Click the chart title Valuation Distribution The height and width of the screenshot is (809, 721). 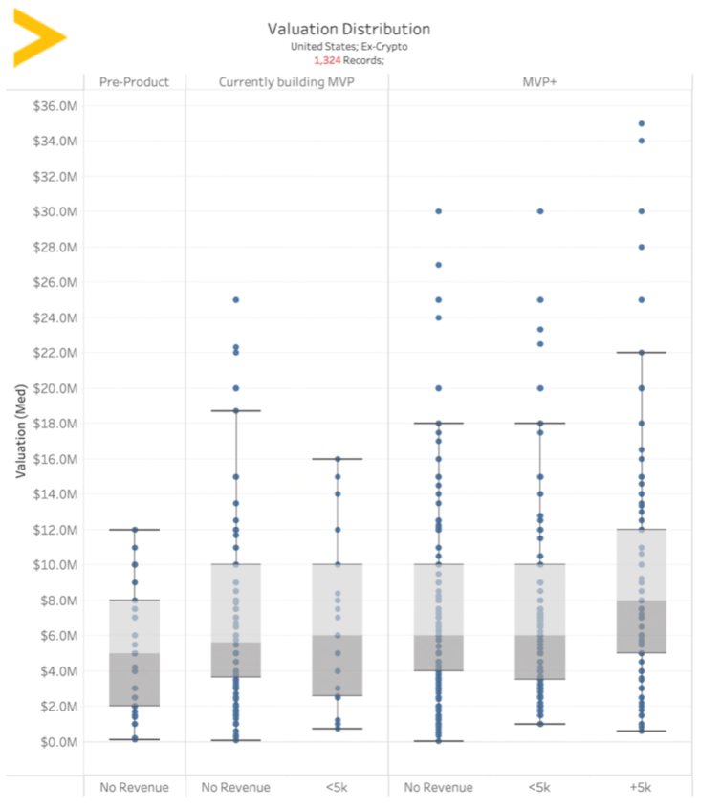tap(348, 30)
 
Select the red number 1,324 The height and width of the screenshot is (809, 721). tap(327, 60)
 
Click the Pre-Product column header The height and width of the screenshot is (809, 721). tap(134, 82)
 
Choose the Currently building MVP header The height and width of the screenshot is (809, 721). tap(287, 82)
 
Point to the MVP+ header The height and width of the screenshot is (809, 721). tap(539, 82)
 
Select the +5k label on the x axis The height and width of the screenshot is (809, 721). tap(641, 788)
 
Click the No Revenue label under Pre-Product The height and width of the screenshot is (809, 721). tap(134, 788)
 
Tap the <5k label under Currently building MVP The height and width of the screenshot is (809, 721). tap(337, 788)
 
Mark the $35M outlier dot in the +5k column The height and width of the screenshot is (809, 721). tap(641, 123)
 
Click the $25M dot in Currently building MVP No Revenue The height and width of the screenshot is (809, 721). tap(235, 299)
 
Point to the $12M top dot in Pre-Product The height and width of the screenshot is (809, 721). tap(134, 529)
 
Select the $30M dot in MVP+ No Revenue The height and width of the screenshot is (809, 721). tap(439, 211)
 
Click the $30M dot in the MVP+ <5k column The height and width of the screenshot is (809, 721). tap(539, 211)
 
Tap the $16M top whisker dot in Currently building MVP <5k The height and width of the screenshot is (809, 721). tap(337, 459)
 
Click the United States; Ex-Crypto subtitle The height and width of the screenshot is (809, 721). tap(348, 46)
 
